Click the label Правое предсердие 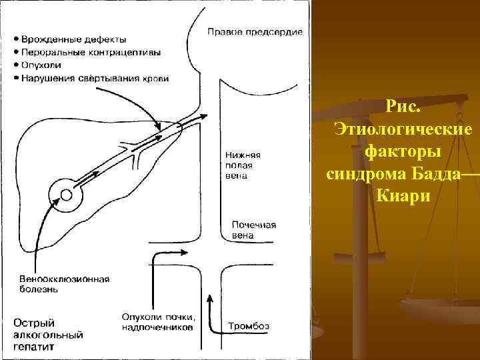[x=255, y=31]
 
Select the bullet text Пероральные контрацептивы [x=94, y=51]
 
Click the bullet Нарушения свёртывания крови [x=94, y=78]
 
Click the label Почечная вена [x=253, y=230]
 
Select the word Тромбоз [x=249, y=326]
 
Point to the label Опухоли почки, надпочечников [x=159, y=321]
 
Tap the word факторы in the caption [x=403, y=152]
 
